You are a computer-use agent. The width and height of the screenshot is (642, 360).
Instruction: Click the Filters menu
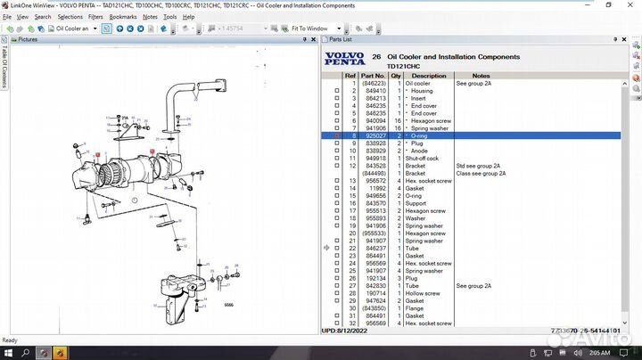(x=95, y=17)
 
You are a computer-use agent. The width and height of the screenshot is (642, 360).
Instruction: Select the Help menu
(x=188, y=17)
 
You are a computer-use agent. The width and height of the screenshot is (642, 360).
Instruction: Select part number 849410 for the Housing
(x=374, y=91)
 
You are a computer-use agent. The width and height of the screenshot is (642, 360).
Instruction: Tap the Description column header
(x=429, y=76)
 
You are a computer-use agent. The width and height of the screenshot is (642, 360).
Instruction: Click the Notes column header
(x=481, y=76)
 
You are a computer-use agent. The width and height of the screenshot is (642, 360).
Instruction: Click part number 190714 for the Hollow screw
(x=375, y=293)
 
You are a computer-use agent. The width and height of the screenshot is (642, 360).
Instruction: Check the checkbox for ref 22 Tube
(x=337, y=248)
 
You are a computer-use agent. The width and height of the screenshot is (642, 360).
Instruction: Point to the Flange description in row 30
(x=415, y=308)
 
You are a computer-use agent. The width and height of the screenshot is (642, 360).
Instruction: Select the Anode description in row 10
(x=421, y=151)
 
